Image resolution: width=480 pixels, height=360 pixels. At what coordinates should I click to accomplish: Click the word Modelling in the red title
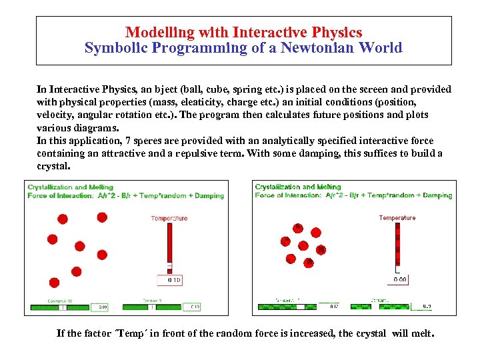(x=159, y=32)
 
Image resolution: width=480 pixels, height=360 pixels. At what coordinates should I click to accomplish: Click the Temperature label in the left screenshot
(x=169, y=218)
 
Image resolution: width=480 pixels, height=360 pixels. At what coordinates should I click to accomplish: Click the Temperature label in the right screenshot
(x=397, y=218)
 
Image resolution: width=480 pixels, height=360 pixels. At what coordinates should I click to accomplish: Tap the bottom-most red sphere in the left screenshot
(x=54, y=283)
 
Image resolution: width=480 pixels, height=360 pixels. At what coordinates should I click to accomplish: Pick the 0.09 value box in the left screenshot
(x=103, y=307)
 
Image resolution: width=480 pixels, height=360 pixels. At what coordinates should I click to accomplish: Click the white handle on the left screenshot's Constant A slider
(x=62, y=307)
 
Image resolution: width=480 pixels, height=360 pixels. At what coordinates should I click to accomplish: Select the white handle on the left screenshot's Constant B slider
(x=153, y=307)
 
